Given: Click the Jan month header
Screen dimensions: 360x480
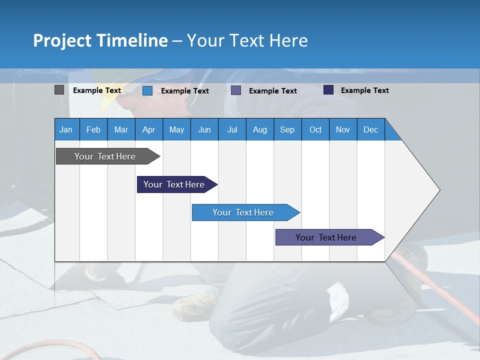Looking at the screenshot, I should pos(66,129).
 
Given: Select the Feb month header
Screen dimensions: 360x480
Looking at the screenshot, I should pos(93,129).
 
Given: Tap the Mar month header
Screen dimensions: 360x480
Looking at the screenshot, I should pos(121,129).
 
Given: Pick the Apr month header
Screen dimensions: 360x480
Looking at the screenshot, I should pos(148,129).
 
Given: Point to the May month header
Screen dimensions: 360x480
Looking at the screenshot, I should pos(176,129).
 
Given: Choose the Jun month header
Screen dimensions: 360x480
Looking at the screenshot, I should pos(204,129).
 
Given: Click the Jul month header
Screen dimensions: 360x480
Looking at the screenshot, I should pos(232,129).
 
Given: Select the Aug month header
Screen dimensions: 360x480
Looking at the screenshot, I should pos(259,129).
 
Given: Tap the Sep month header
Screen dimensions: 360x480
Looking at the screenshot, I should pos(287,129).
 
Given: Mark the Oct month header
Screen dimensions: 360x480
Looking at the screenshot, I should pos(315,129).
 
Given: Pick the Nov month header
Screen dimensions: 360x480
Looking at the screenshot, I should pos(343,129).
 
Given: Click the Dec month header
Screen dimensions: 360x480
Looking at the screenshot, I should pos(370,129).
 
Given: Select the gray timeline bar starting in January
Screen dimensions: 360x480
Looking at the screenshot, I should pos(105,156).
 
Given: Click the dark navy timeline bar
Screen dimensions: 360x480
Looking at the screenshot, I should pos(174,184).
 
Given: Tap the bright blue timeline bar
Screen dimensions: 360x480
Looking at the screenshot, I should pos(243,212).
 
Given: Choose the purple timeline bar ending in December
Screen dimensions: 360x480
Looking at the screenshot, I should pos(326,237).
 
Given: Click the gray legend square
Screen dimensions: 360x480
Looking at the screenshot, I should pos(59,90).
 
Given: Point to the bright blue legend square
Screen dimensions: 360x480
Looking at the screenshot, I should pos(147,90).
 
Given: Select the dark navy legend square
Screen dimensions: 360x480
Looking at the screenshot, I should pos(328,90).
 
